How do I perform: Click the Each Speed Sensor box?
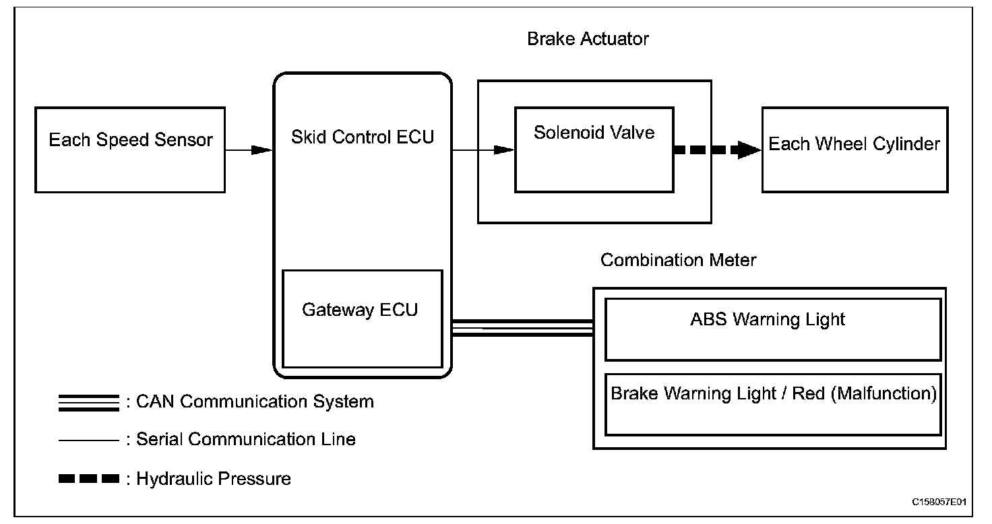tap(130, 150)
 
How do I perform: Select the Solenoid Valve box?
tap(594, 150)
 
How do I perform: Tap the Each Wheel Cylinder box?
tap(855, 150)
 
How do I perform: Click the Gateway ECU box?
tap(362, 318)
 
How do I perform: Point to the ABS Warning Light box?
tap(773, 329)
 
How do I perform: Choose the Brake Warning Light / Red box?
tap(773, 404)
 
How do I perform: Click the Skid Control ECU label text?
tap(363, 137)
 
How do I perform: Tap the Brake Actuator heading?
tap(588, 39)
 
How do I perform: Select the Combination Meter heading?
tap(678, 260)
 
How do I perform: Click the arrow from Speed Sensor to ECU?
tap(249, 150)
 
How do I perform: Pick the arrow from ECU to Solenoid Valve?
tap(483, 150)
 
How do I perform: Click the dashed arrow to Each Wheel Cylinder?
tap(717, 150)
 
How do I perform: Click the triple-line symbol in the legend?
tap(89, 402)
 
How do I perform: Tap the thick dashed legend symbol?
tap(89, 480)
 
